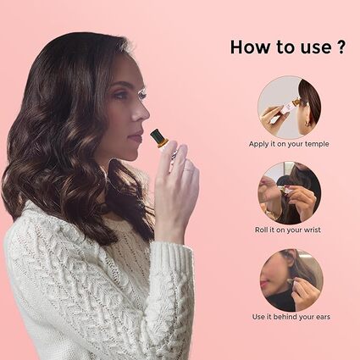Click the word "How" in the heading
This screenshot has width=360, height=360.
click(x=250, y=47)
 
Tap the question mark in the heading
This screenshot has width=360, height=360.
click(x=341, y=47)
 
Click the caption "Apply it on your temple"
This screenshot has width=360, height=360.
click(x=289, y=144)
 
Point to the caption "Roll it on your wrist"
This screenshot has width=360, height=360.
click(x=288, y=230)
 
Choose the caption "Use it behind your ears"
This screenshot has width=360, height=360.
click(x=291, y=317)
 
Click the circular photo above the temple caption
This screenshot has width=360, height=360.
click(x=290, y=107)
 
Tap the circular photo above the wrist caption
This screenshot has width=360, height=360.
click(x=290, y=193)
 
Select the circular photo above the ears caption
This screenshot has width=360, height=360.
click(x=291, y=280)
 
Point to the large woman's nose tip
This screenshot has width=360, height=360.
click(x=147, y=114)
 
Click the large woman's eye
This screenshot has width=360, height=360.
click(x=141, y=95)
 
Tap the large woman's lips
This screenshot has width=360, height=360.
click(x=137, y=136)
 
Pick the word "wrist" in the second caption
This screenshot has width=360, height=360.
click(x=312, y=230)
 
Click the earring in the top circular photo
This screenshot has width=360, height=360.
click(x=307, y=124)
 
